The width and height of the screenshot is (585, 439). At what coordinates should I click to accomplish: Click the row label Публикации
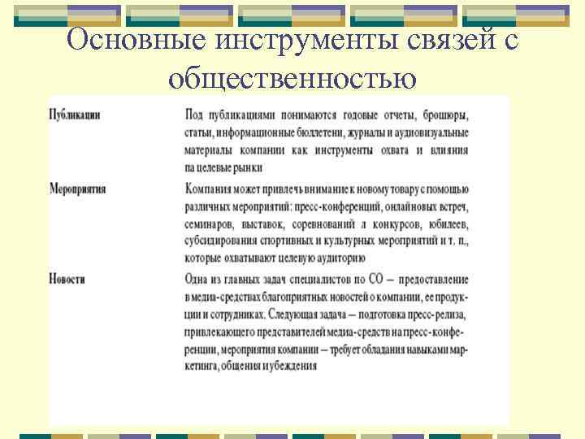75,115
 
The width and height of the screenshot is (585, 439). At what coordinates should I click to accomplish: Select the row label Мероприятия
78,189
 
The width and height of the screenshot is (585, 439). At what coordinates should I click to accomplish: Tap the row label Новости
67,279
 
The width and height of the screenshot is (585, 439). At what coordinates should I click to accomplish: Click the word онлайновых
398,206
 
